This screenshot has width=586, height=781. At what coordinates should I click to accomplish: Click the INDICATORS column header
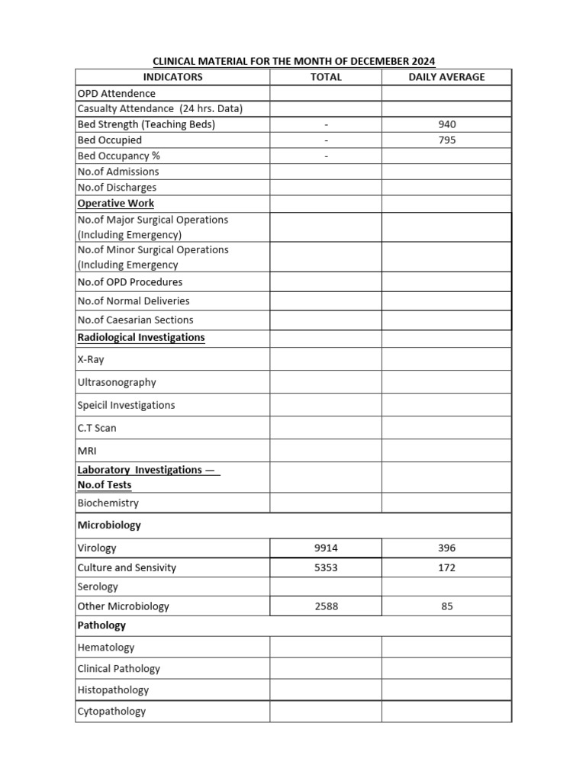tap(172, 77)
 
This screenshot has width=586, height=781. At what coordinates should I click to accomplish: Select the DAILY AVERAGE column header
tap(446, 77)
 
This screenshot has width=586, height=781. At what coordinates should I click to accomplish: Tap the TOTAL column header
tap(326, 77)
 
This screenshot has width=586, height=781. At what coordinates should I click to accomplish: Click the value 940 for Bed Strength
tap(447, 124)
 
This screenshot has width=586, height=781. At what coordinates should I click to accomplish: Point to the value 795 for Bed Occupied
tap(447, 140)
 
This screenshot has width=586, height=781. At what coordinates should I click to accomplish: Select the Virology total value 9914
tap(326, 548)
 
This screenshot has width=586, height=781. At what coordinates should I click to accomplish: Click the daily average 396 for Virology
tap(447, 548)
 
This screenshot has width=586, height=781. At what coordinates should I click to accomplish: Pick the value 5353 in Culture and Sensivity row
tap(326, 568)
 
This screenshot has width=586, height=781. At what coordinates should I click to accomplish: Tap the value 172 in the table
tap(447, 568)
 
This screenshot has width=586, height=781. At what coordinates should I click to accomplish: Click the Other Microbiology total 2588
tap(326, 607)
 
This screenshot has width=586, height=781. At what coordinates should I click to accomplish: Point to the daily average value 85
tap(447, 607)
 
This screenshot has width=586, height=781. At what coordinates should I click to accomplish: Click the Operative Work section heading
tap(116, 204)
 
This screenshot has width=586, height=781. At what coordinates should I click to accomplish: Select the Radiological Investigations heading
tap(141, 337)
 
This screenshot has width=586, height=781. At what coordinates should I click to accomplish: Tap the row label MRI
tap(88, 452)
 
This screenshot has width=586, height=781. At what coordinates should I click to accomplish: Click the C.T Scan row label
tap(97, 429)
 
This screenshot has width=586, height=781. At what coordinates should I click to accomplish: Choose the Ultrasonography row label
tap(117, 383)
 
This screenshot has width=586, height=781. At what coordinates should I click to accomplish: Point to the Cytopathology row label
tap(111, 712)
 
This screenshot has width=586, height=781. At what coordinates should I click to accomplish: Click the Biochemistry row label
tap(108, 503)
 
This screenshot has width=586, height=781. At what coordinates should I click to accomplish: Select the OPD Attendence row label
tap(116, 93)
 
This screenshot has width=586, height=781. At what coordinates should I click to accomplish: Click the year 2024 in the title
tap(423, 61)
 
